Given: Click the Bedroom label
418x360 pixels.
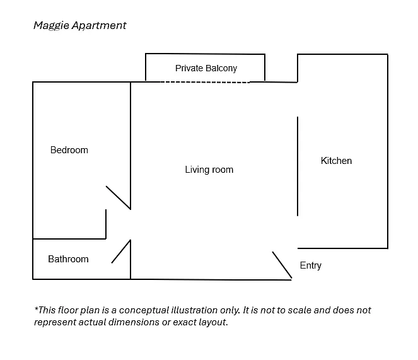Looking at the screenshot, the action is point(69,150).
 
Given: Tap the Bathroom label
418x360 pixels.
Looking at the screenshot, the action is point(68,259).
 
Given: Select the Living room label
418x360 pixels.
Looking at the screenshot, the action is point(209,170).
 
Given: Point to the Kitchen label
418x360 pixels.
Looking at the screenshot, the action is point(336,161).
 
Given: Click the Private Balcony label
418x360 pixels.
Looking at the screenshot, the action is point(206,68).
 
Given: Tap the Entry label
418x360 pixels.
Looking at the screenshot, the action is point(311,265).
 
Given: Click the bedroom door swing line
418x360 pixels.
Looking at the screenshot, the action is point(118,197).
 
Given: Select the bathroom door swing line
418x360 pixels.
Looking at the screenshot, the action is point(121,252).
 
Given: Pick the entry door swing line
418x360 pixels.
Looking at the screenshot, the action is point(282,265).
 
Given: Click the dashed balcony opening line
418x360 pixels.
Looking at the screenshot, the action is point(205,82).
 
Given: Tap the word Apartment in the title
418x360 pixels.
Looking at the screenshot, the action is point(99,26).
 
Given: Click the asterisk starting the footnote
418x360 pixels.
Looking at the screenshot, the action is point(36,308).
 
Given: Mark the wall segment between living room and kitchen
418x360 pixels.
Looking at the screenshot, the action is point(298,166).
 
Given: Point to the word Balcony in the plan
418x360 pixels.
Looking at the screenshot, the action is point(221,68).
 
